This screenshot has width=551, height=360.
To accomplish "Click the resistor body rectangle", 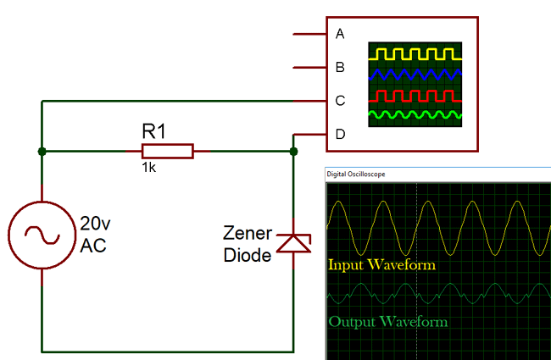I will pos(167,152).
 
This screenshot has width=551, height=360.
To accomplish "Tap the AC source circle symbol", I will pos(41,235).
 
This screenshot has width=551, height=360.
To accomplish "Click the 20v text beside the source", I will pos(96,224).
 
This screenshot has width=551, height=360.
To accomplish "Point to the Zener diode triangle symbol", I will pos(293,244).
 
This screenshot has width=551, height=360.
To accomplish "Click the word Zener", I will pos(247,233).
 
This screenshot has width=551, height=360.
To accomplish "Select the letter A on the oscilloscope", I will pos(340,34).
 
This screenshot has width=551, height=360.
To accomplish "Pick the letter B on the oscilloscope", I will pos(340,67).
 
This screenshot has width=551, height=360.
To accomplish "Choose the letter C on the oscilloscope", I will pos(340,101).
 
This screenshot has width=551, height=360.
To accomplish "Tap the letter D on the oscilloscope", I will pos(340,134).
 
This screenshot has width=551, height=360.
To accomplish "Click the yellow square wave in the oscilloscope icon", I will pos(415,53).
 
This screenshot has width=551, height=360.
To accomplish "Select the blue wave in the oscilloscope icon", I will pos(415,75).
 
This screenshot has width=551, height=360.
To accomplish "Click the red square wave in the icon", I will pos(415,94).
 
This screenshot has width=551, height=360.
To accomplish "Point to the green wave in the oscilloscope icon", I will pos(415,114).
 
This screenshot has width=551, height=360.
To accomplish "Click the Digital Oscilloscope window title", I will pos(355,174).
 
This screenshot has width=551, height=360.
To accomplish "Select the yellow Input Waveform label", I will pos(381,265).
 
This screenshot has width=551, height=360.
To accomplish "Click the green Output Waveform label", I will pos(387,322).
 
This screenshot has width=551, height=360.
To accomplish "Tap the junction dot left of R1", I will pos(41,152).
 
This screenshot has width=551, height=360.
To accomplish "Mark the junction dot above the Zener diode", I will pos(293,152).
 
